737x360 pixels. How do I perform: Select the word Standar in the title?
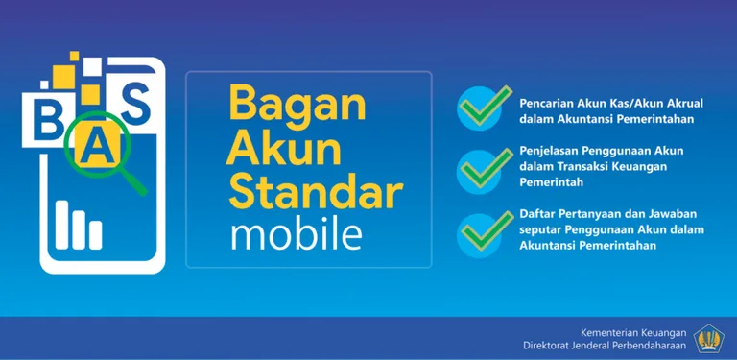pyautogui.click(x=314, y=195)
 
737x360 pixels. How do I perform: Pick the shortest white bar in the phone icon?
pyautogui.click(x=96, y=234)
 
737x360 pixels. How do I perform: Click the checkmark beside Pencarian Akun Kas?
pyautogui.click(x=477, y=109)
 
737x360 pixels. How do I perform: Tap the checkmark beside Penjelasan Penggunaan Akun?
pyautogui.click(x=477, y=167)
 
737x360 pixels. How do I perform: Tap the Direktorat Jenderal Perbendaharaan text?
pyautogui.click(x=605, y=345)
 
